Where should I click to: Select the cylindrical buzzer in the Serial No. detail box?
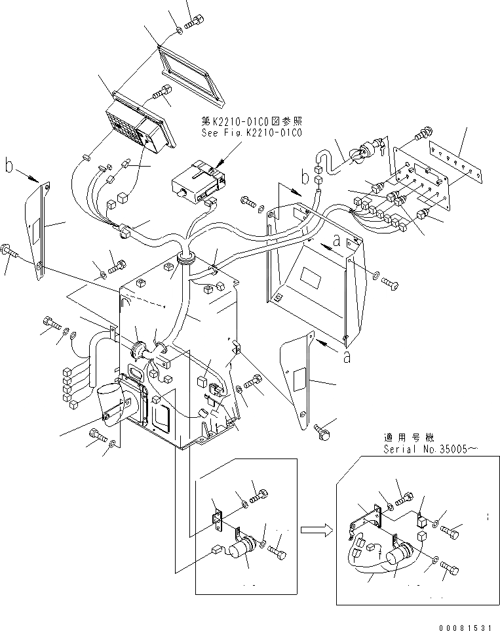click(x=400, y=559)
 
